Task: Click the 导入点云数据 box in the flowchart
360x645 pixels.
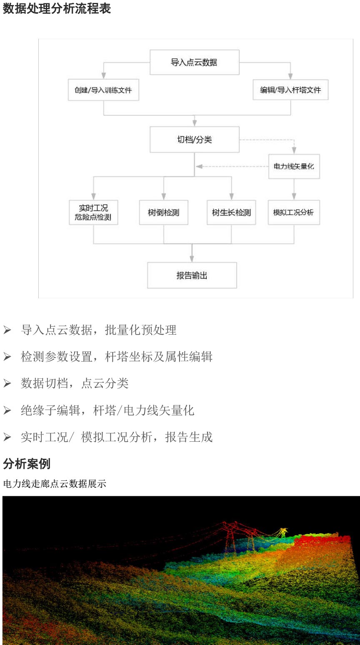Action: pyautogui.click(x=194, y=62)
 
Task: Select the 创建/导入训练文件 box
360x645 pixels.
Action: pyautogui.click(x=103, y=90)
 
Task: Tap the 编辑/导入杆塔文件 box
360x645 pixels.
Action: pyautogui.click(x=290, y=90)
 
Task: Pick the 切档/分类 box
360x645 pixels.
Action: pyautogui.click(x=194, y=140)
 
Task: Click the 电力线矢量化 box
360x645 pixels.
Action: pyautogui.click(x=294, y=166)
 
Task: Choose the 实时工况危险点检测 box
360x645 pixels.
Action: pyautogui.click(x=93, y=212)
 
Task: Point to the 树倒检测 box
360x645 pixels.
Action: pyautogui.click(x=163, y=212)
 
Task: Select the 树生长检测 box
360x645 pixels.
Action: pyautogui.click(x=231, y=212)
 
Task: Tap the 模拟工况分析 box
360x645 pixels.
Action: pyautogui.click(x=294, y=212)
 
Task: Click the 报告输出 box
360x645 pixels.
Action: pyautogui.click(x=192, y=275)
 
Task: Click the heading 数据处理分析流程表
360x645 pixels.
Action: pyautogui.click(x=57, y=9)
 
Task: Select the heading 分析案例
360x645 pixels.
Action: pyautogui.click(x=27, y=463)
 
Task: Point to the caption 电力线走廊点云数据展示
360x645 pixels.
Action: pyautogui.click(x=55, y=484)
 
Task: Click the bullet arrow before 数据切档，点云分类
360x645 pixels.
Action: pyautogui.click(x=7, y=384)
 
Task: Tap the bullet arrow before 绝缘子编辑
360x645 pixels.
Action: pyautogui.click(x=7, y=411)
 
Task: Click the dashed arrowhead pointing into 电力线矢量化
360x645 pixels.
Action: pyautogui.click(x=294, y=151)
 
